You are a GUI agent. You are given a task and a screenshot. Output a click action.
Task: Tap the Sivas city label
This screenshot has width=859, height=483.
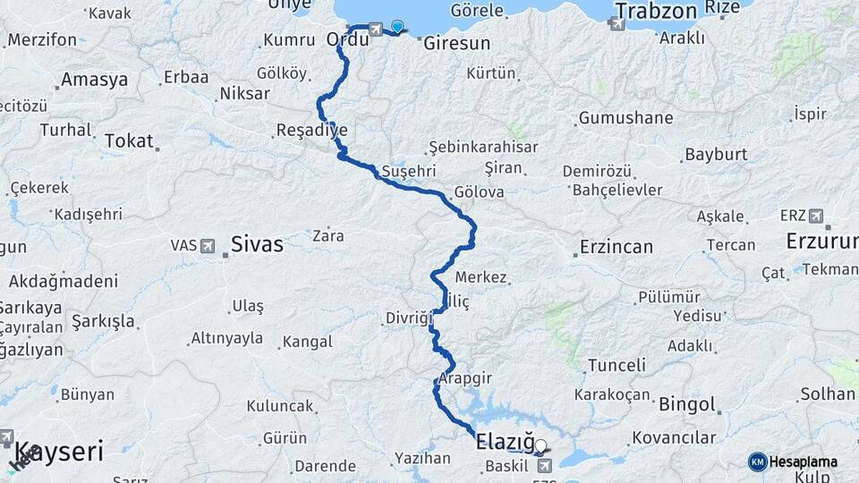[257, 243]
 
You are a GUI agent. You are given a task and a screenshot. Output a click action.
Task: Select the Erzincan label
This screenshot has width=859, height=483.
[616, 246]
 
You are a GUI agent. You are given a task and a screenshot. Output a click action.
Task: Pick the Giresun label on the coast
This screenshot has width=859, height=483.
[456, 43]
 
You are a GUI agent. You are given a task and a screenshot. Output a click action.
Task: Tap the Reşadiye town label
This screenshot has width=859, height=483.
[311, 131]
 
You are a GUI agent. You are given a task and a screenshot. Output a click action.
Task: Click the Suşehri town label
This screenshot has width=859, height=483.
[408, 170]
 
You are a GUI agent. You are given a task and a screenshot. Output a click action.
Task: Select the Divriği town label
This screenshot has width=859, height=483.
[408, 318]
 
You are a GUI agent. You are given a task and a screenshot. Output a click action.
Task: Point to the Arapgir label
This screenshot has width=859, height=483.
[466, 378]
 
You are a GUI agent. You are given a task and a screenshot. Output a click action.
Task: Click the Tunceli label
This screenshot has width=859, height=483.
[616, 365]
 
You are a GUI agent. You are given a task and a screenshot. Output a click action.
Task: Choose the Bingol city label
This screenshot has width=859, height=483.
[687, 404]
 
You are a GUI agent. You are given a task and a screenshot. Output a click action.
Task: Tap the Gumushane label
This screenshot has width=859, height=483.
[625, 118]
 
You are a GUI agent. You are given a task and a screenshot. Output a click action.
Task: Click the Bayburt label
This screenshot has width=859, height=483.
[715, 155]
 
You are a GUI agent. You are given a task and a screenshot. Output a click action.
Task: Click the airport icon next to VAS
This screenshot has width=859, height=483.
[208, 245]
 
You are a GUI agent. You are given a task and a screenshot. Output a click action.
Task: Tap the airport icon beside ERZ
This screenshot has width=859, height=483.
[816, 216]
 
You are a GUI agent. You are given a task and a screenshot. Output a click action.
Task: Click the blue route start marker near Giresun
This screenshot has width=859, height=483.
[397, 27]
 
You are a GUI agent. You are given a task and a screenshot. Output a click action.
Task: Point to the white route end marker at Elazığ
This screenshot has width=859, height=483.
[540, 445]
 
